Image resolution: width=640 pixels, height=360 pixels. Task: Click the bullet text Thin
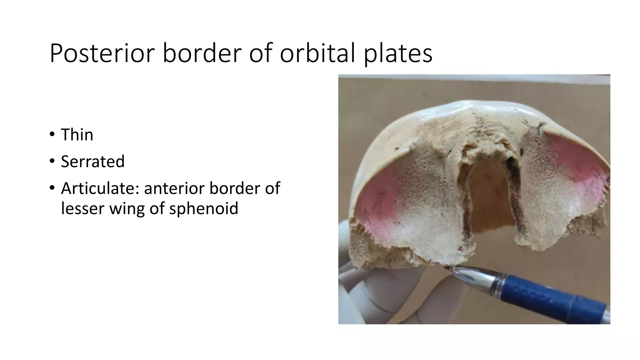[77, 135]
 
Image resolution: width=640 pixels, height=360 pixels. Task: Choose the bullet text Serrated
[92, 162]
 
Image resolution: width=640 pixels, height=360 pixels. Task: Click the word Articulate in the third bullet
[100, 188]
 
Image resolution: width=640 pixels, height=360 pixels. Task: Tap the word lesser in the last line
[82, 208]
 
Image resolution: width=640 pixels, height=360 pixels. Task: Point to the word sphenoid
[203, 208]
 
